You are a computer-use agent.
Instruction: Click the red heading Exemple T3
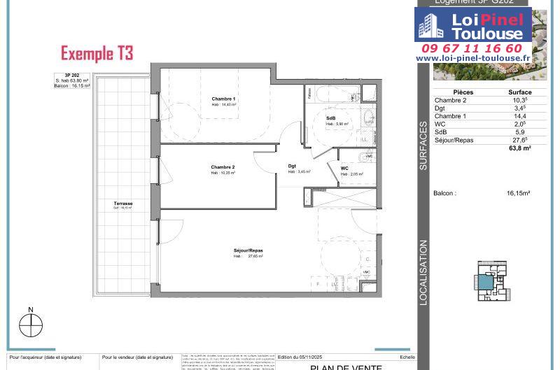[97, 53]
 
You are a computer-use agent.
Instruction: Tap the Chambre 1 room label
[223, 99]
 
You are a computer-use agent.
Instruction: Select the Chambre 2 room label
[223, 167]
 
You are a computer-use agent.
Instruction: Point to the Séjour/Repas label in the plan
[248, 250]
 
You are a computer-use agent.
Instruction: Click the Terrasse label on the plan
[123, 204]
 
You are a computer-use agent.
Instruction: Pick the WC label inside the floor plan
[344, 169]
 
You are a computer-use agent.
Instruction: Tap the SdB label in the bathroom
[330, 118]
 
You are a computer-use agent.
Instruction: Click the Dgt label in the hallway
[292, 166]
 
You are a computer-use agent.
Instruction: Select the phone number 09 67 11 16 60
[472, 48]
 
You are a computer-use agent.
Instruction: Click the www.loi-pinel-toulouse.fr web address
[472, 59]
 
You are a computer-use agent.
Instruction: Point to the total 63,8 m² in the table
[519, 148]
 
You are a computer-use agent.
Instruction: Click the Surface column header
[519, 92]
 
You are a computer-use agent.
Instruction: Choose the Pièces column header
[463, 92]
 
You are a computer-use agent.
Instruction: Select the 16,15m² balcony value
[518, 193]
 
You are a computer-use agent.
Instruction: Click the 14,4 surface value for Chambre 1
[519, 116]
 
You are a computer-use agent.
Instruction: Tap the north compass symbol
[31, 325]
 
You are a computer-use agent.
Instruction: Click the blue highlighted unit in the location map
[485, 283]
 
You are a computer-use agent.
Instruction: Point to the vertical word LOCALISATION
[423, 272]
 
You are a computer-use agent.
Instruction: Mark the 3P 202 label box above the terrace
[73, 80]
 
